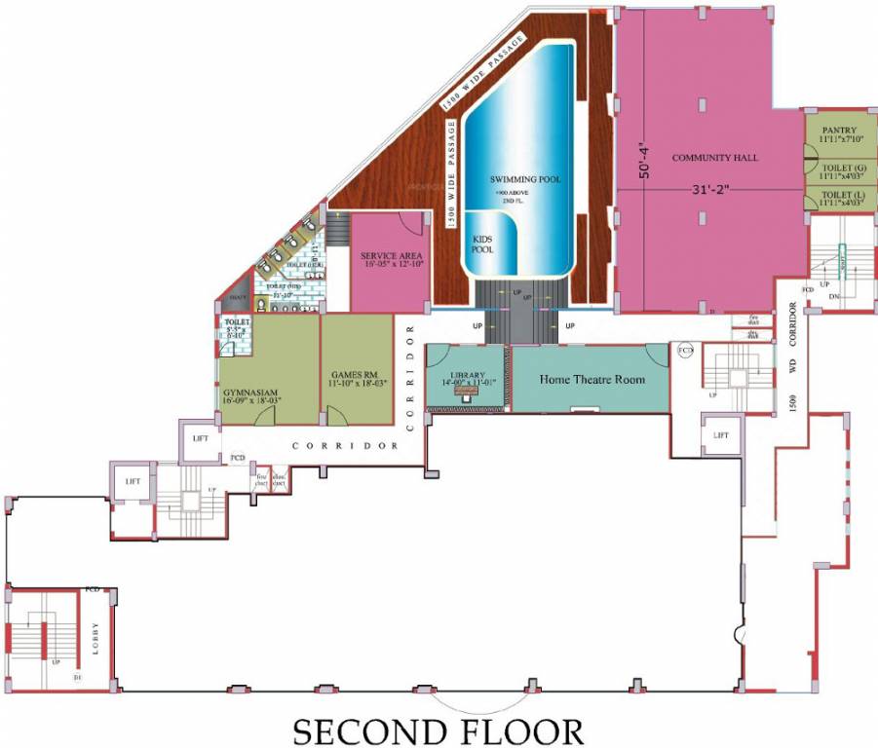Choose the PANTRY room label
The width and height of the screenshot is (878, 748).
(x=838, y=133)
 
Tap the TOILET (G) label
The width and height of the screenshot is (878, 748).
(x=838, y=172)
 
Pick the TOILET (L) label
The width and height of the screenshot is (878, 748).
(x=838, y=199)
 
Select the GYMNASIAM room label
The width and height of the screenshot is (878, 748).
(x=251, y=392)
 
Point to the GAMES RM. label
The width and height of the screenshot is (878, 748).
(x=358, y=378)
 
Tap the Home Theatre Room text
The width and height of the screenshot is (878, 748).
(x=592, y=379)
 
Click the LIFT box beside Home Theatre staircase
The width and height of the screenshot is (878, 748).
(x=722, y=435)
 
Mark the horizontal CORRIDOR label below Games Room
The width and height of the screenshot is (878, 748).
(x=345, y=446)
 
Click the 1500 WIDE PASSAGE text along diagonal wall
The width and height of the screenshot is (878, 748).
(x=483, y=69)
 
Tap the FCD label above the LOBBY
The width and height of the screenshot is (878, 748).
(x=93, y=589)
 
